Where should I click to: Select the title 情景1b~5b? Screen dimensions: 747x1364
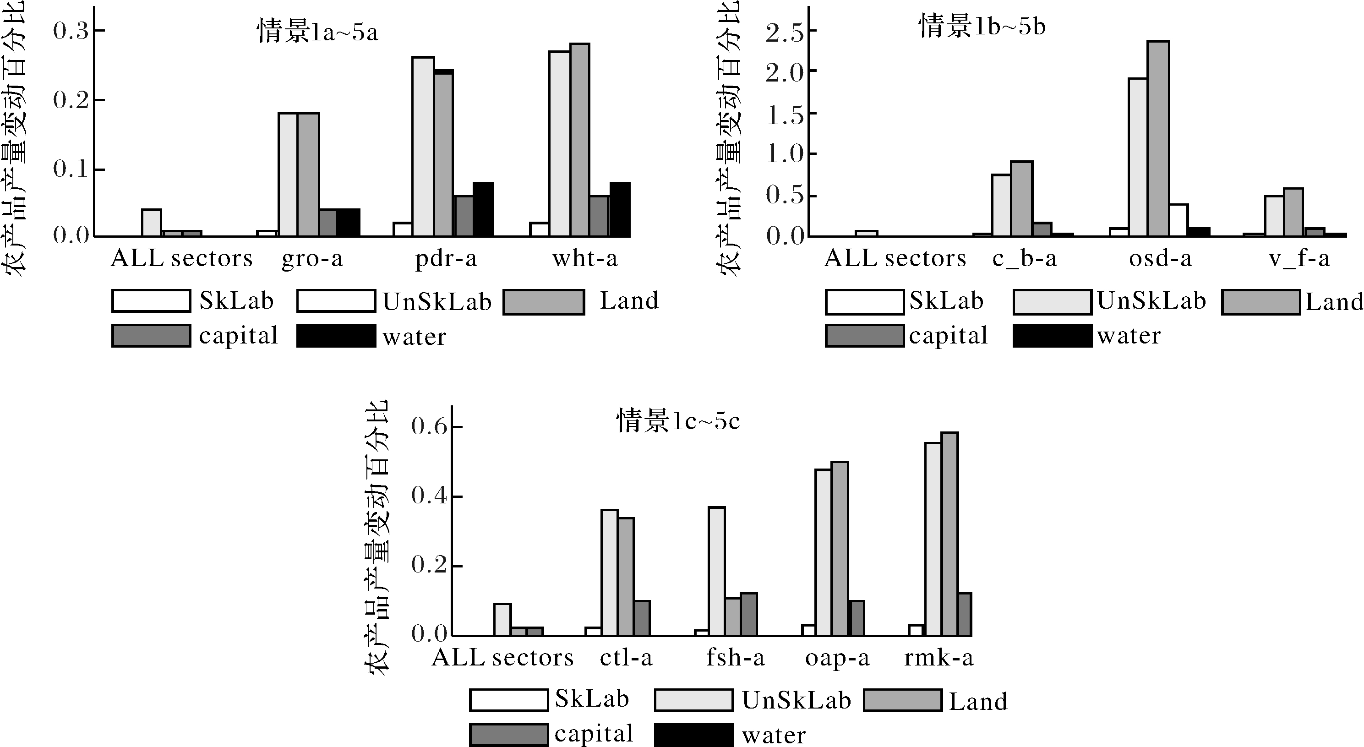pos(982,27)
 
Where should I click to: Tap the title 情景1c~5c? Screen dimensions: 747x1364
pos(678,422)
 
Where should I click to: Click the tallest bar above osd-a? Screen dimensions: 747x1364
pos(1158,138)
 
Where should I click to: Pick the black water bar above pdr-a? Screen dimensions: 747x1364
pos(483,209)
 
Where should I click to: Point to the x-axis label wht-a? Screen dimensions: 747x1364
pos(585,259)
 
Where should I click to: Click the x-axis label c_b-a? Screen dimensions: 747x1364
pos(1024,259)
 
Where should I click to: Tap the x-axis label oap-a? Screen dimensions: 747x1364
pos(837,658)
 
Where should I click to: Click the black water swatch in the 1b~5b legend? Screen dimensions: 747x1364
pos(1052,336)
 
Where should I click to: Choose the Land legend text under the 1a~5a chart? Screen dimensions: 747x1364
pos(629,301)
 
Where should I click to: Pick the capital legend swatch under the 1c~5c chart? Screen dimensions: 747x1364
pos(508,735)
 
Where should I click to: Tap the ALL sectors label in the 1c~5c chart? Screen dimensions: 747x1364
pos(502,658)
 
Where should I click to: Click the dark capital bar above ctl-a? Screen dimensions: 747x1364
pos(642,618)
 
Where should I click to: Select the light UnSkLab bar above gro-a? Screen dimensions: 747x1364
pos(288,174)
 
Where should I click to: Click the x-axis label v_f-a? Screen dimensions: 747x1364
pos(1299,259)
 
